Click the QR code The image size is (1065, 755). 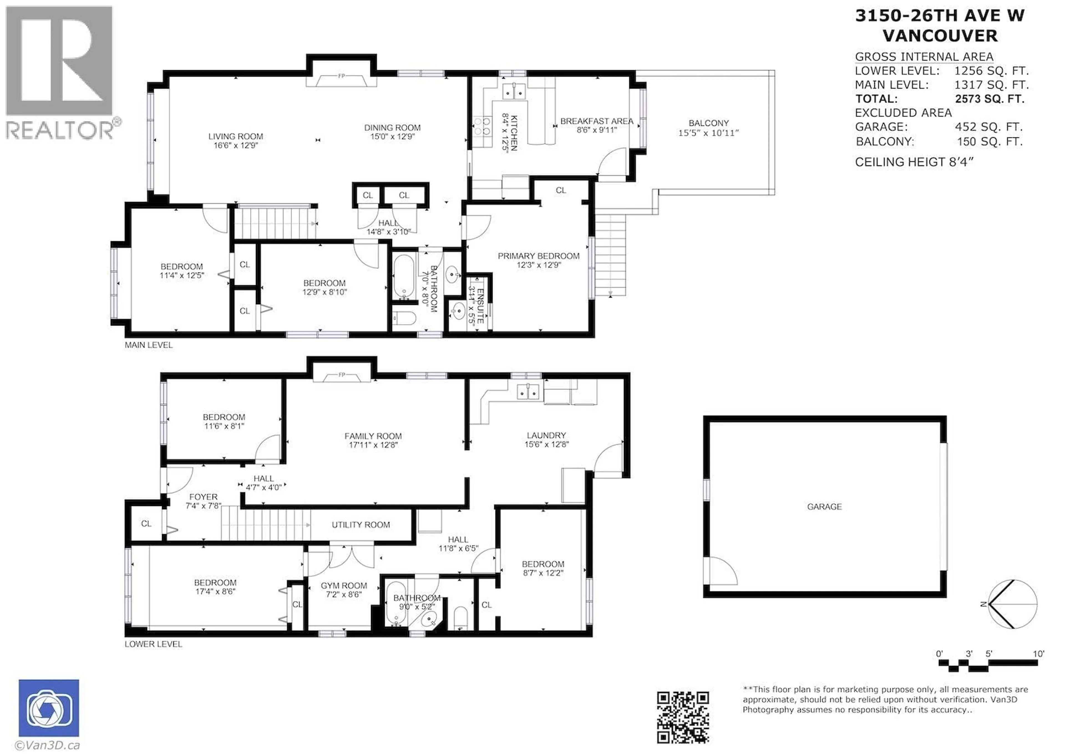[x=683, y=717]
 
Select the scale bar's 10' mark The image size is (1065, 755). [x=1038, y=654]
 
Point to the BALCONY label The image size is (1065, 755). [x=708, y=123]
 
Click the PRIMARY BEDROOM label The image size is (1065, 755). [x=538, y=256]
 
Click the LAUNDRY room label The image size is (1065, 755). [x=546, y=436]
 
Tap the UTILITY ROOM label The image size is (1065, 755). [x=361, y=525]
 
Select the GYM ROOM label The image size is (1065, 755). [x=344, y=586]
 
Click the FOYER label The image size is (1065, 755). [x=203, y=497]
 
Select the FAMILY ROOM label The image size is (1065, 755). [x=373, y=436]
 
